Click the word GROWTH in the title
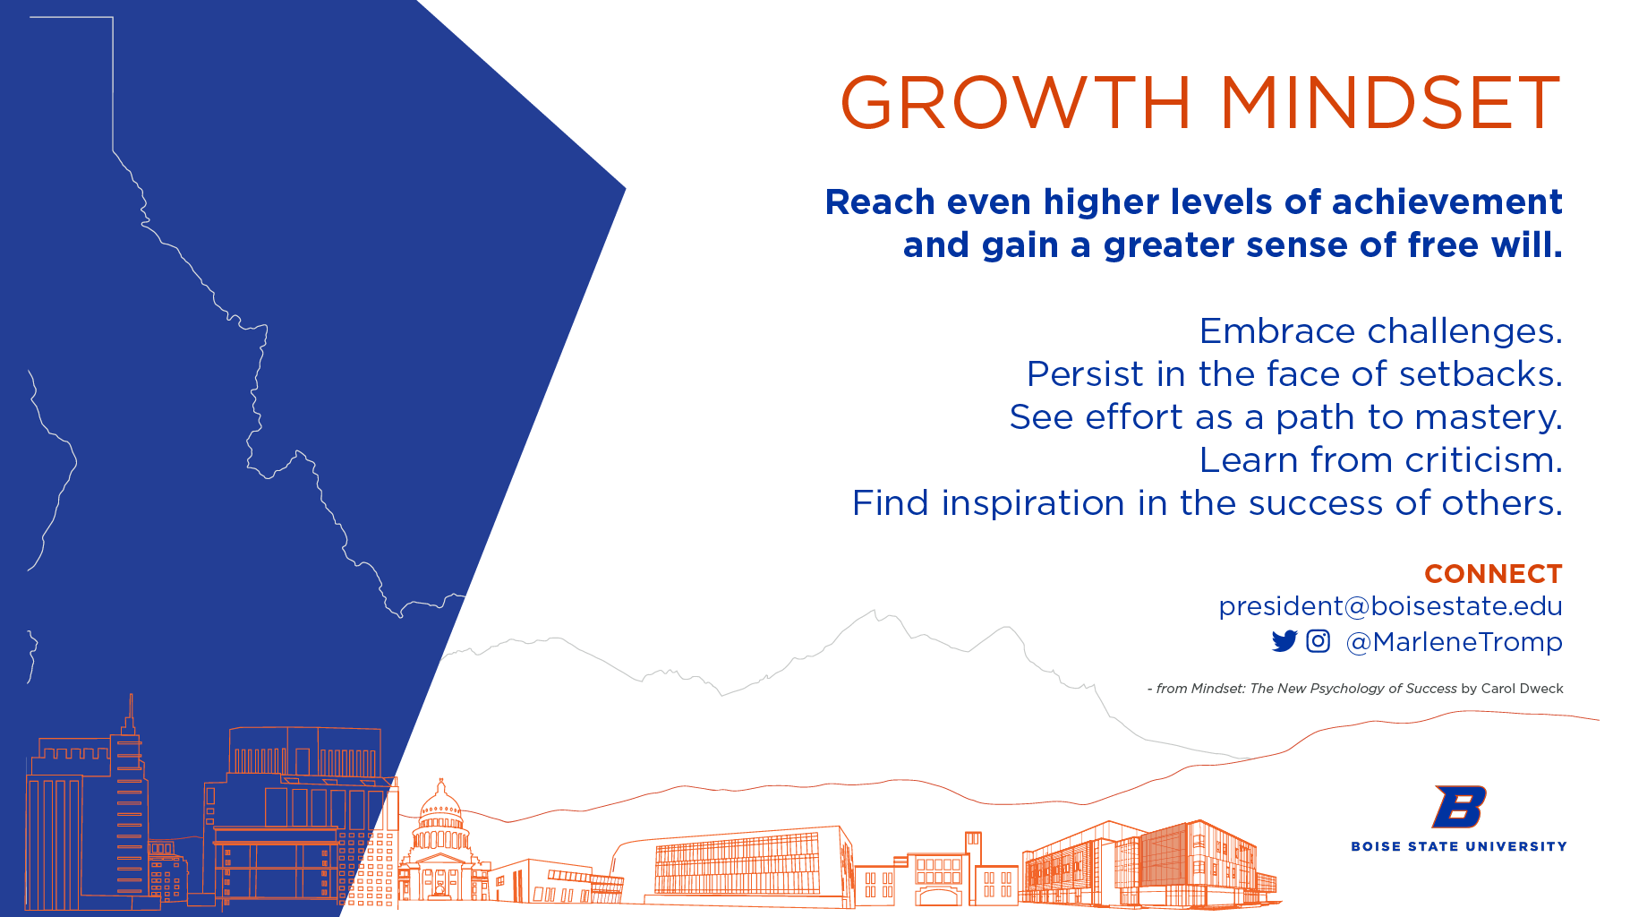click(x=1016, y=103)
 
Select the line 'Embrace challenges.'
click(x=1381, y=332)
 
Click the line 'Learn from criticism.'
click(x=1381, y=460)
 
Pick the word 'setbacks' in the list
click(x=1481, y=374)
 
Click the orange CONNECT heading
click(x=1493, y=574)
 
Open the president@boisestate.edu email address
click(x=1390, y=606)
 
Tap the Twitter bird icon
click(x=1284, y=641)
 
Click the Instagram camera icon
click(x=1319, y=641)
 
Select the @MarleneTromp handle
click(x=1454, y=642)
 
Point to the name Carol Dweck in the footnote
click(x=1523, y=689)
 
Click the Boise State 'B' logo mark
click(x=1459, y=807)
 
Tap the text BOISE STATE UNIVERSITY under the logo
click(x=1459, y=846)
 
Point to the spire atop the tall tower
click(x=131, y=712)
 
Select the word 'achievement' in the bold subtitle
click(x=1447, y=202)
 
